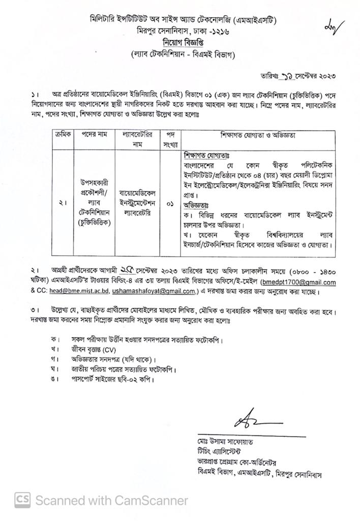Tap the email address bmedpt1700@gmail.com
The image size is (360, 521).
pyautogui.click(x=298, y=282)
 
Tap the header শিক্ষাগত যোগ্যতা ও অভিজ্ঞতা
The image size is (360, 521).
pyautogui.click(x=258, y=136)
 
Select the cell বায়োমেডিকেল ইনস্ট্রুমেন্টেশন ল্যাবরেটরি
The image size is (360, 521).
pyautogui.click(x=138, y=202)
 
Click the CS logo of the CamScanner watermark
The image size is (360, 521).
pyautogui.click(x=21, y=500)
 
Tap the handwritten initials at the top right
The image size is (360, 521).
pyautogui.click(x=334, y=24)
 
